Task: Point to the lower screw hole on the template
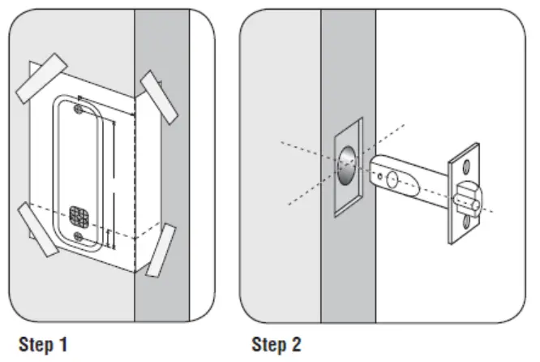(77, 235)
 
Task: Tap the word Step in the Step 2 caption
(267, 345)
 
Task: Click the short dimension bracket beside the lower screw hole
(108, 236)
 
